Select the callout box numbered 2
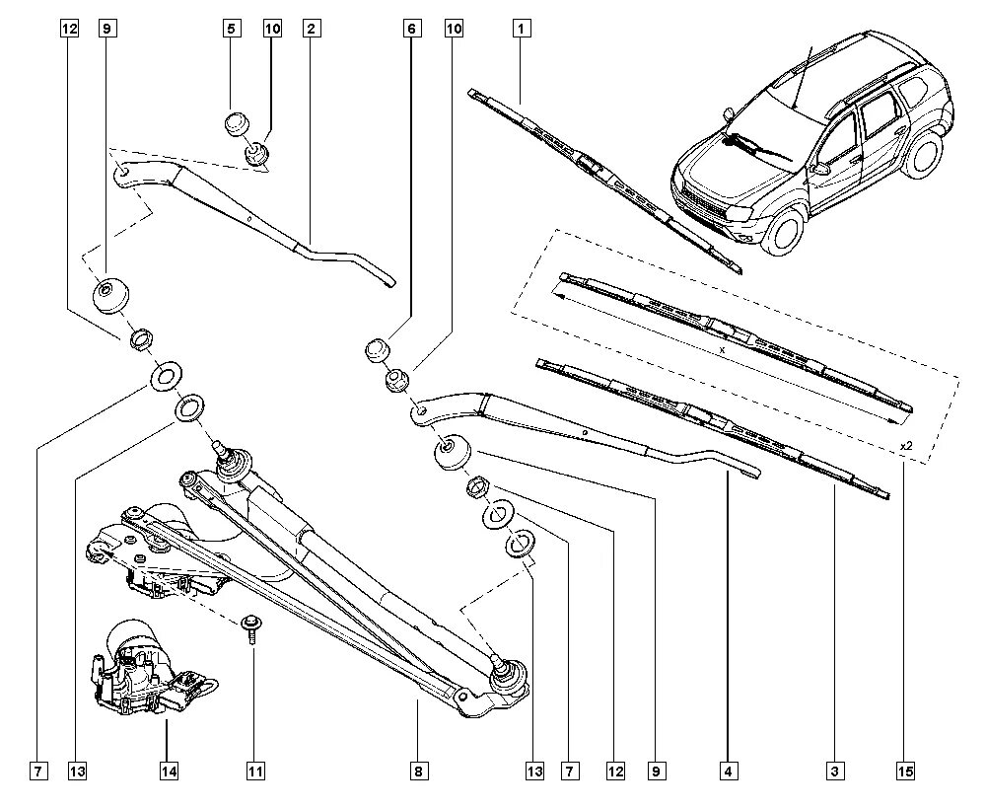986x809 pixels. click(310, 29)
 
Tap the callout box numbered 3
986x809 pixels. click(834, 770)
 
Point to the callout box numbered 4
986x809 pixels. click(729, 770)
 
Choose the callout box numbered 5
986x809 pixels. click(231, 29)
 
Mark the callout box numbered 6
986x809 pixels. click(409, 29)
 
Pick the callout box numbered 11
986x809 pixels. click(253, 770)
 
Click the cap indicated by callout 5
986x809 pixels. click(235, 126)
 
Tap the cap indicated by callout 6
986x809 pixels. click(379, 351)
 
